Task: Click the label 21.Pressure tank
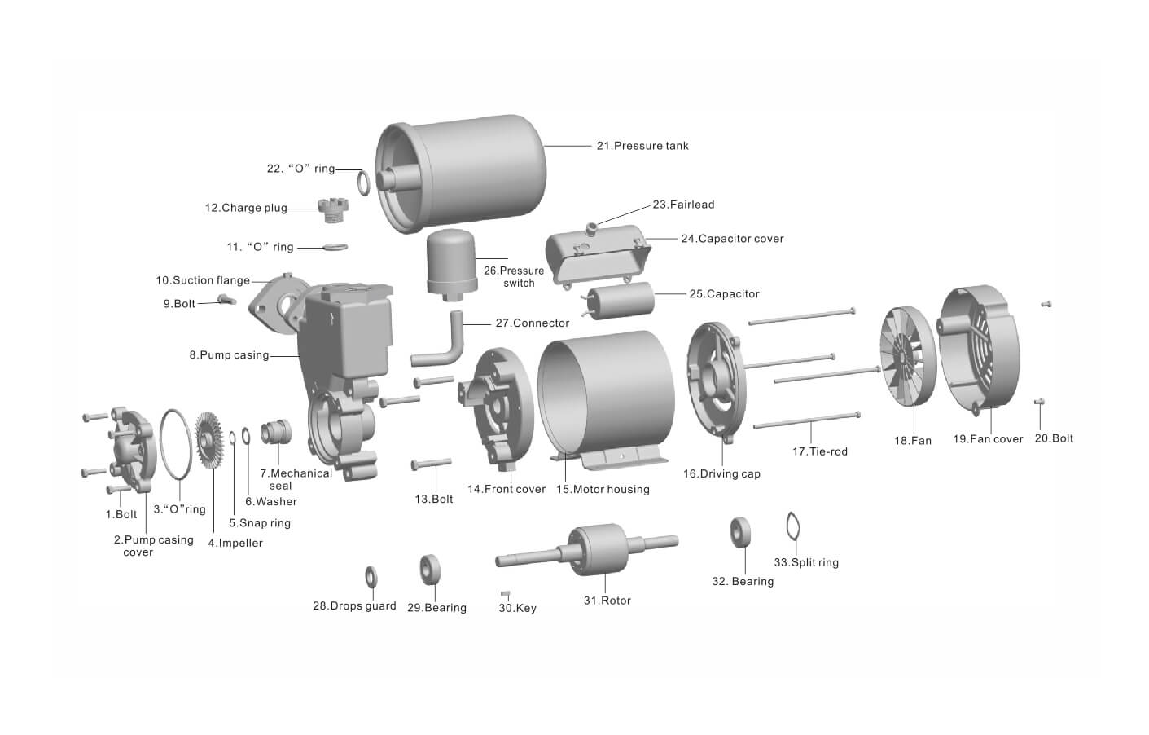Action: tap(642, 146)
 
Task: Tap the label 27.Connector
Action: tap(532, 323)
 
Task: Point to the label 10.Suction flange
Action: tap(203, 280)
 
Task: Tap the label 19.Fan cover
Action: tap(988, 439)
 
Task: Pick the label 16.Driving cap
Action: tap(721, 473)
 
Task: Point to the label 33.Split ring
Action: tap(805, 562)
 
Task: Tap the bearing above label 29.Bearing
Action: tap(430, 569)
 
